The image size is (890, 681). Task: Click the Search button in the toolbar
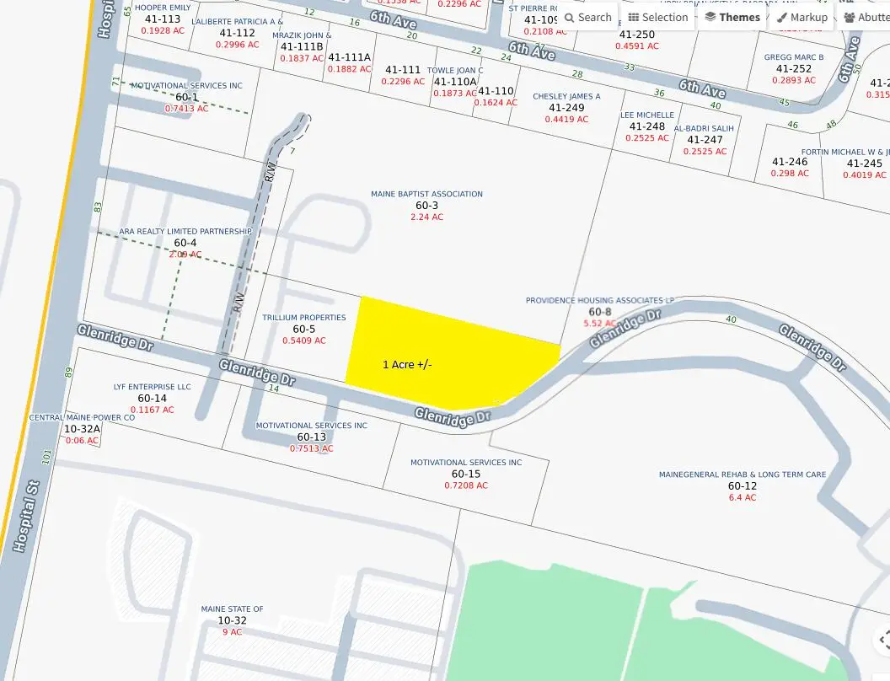click(587, 17)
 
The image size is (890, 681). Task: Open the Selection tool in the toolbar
click(658, 17)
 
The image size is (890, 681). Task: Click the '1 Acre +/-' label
click(407, 364)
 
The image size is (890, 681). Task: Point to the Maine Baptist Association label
click(426, 194)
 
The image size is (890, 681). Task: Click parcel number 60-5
click(303, 330)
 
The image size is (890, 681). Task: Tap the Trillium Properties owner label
click(303, 318)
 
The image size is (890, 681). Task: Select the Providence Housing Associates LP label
click(599, 300)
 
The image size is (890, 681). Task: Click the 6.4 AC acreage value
click(743, 497)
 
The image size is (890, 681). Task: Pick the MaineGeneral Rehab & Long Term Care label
click(742, 475)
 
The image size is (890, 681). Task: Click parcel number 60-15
click(465, 474)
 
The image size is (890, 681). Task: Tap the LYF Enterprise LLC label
click(152, 387)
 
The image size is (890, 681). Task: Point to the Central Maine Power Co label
click(82, 417)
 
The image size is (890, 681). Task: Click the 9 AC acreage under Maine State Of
click(232, 631)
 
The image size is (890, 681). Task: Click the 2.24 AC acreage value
click(426, 217)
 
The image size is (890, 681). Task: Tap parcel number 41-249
click(566, 108)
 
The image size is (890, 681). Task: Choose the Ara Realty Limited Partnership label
click(185, 231)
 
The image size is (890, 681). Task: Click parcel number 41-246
click(790, 162)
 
